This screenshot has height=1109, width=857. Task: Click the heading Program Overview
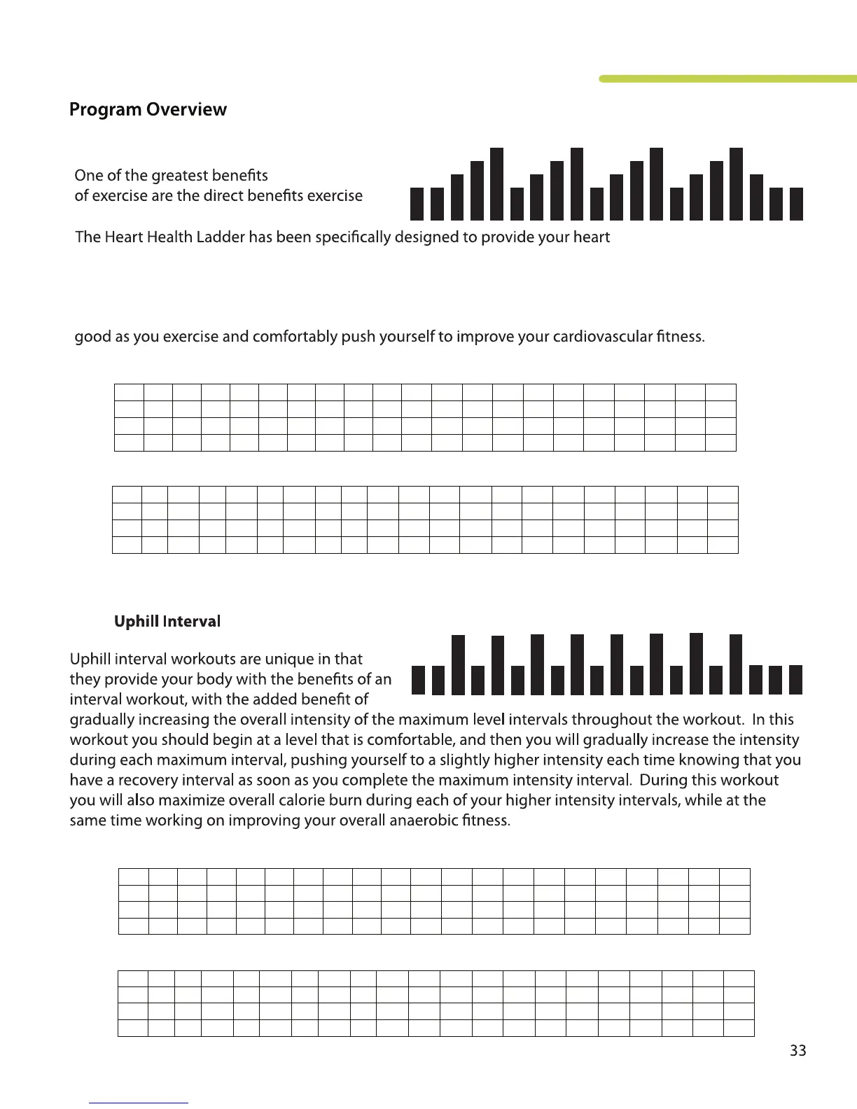[148, 110]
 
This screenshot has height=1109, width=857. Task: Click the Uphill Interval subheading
[167, 622]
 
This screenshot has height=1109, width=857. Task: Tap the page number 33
[797, 1051]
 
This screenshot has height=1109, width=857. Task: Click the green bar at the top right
[728, 79]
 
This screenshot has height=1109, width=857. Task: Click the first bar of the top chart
[417, 204]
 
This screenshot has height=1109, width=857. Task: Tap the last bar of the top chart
[796, 204]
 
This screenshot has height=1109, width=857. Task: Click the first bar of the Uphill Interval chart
[418, 680]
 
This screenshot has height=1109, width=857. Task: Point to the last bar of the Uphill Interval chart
[795, 680]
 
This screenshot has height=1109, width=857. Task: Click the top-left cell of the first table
[129, 392]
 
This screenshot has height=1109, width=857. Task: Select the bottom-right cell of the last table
[738, 1028]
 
